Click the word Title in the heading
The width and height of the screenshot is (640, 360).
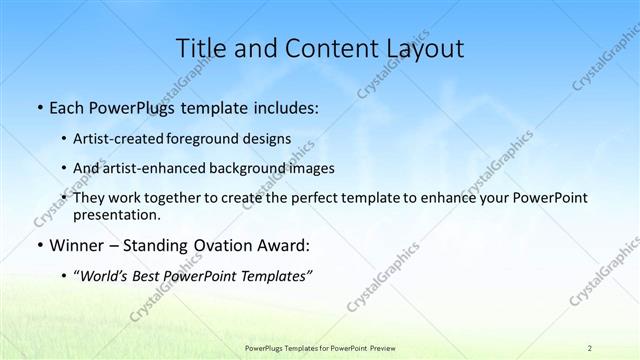(x=198, y=48)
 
